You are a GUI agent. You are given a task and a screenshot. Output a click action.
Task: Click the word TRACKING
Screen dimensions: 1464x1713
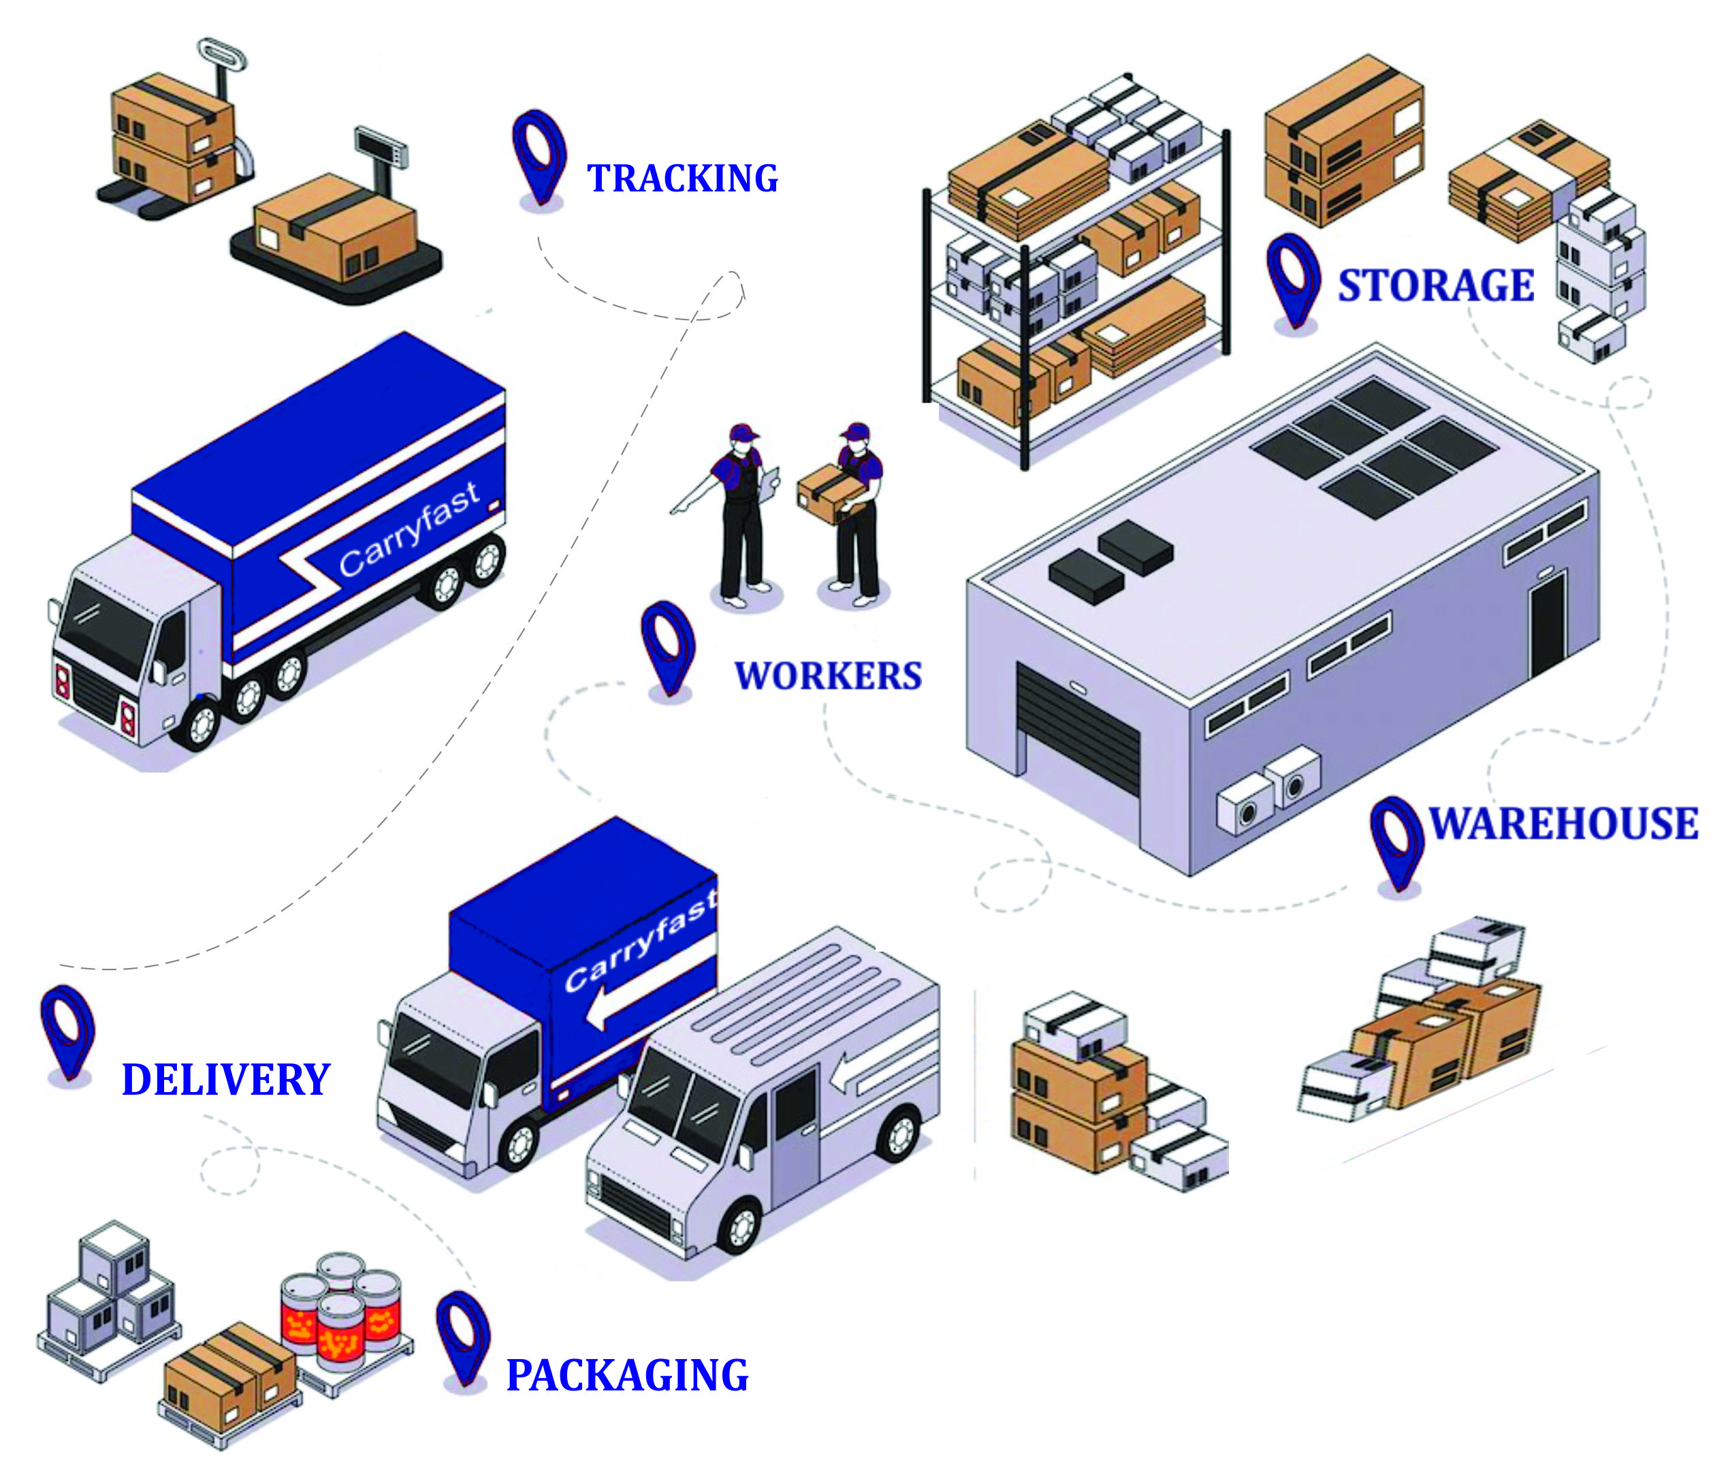click(682, 178)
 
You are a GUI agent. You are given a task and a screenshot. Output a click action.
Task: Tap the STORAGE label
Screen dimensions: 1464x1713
click(1436, 285)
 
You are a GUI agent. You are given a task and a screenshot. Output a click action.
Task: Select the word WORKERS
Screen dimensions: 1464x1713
click(828, 676)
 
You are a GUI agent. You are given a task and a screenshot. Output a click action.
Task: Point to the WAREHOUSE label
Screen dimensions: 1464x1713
click(1563, 824)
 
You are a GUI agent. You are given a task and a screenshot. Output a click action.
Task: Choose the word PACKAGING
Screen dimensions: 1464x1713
click(626, 1375)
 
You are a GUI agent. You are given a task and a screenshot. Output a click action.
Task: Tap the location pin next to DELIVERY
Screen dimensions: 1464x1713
click(68, 1030)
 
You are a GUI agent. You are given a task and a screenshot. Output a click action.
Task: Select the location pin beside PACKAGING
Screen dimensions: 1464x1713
click(464, 1336)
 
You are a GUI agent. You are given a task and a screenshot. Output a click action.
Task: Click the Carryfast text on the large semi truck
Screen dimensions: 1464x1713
click(409, 529)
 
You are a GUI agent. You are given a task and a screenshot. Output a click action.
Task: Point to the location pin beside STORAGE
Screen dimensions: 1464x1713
click(1293, 279)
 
